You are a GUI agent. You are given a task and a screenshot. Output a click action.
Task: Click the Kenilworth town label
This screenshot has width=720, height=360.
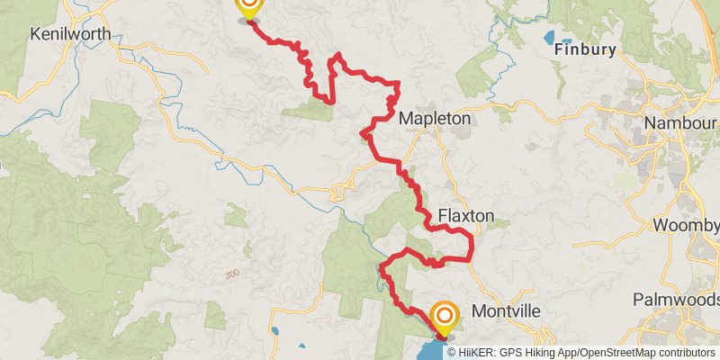pos(70,34)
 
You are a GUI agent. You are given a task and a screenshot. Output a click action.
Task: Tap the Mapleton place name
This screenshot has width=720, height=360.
pos(435,118)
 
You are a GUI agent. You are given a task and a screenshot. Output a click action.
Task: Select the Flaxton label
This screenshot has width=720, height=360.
pos(466,216)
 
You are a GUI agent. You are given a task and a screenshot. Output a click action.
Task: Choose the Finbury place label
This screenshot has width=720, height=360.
pos(585,50)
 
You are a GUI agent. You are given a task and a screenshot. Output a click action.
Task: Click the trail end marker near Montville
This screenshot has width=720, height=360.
pos(445,317)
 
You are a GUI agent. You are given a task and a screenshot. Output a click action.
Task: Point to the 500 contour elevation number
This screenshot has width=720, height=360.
pos(233,274)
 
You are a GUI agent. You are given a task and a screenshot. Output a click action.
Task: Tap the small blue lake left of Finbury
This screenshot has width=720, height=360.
pos(549,38)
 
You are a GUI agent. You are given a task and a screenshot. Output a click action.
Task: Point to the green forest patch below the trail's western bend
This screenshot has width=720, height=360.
pos(306,111)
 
